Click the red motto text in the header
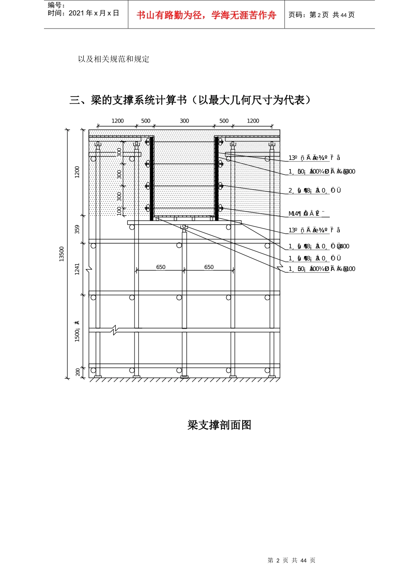(x=206, y=16)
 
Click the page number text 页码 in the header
(x=321, y=15)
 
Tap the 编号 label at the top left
(x=57, y=5)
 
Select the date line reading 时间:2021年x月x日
(x=83, y=13)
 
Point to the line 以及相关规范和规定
(x=114, y=59)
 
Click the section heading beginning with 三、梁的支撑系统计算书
(x=191, y=100)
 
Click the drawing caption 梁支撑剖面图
(x=219, y=425)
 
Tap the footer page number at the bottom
(x=291, y=560)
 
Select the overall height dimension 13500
(x=62, y=254)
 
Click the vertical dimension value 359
(x=77, y=229)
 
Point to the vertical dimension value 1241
(x=77, y=269)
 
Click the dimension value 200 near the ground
(x=78, y=372)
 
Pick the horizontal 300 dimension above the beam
(x=184, y=121)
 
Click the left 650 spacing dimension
(x=161, y=267)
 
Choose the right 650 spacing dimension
(x=209, y=267)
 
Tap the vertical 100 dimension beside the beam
(x=119, y=211)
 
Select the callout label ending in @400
(x=318, y=246)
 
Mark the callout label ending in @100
(x=321, y=269)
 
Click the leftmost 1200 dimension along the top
(x=118, y=121)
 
